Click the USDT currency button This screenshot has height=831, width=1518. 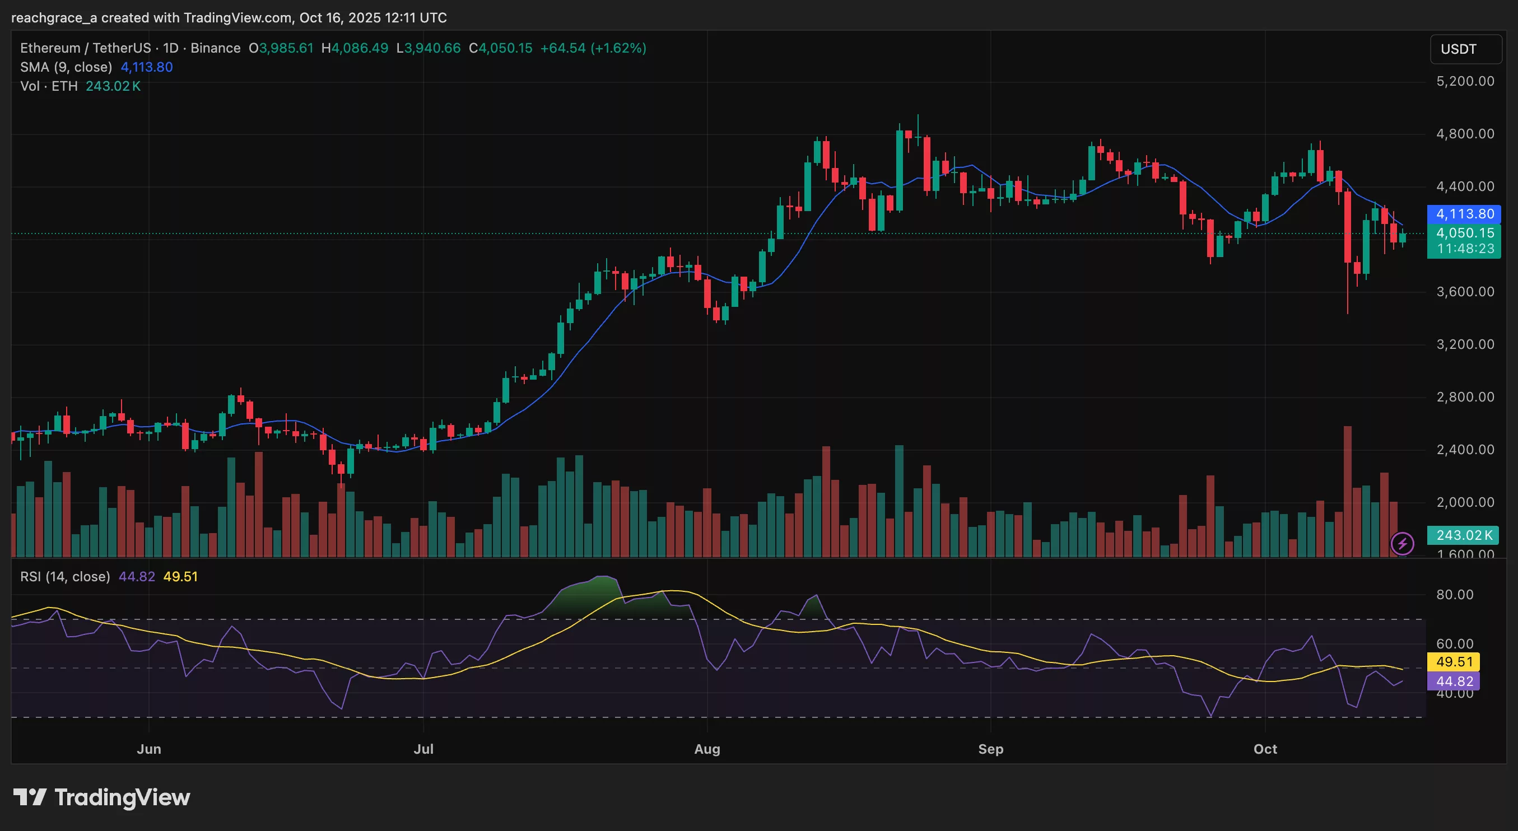[1465, 49]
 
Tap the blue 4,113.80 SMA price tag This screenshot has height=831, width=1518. [1464, 214]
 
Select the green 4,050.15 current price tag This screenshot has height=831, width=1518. [1464, 233]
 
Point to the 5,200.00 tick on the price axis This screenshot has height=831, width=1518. [1465, 81]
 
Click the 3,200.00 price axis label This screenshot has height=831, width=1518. [1465, 344]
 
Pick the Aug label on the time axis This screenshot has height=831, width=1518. [706, 749]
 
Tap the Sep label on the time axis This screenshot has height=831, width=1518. [990, 749]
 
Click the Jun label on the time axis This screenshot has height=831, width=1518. [148, 749]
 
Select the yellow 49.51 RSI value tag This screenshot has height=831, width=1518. [1453, 662]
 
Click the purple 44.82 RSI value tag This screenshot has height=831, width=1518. [1453, 681]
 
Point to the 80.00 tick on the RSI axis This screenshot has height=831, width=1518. [1454, 595]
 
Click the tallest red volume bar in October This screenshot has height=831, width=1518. [1347, 492]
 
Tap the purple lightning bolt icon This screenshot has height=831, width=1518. [1402, 543]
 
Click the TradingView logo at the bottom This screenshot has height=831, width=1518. [101, 797]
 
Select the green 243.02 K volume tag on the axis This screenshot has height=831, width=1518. [1463, 535]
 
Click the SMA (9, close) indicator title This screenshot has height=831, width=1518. [66, 67]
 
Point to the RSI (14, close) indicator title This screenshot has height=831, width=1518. [65, 577]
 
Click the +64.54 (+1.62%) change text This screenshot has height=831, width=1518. [593, 48]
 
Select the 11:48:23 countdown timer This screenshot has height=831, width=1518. [1465, 249]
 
